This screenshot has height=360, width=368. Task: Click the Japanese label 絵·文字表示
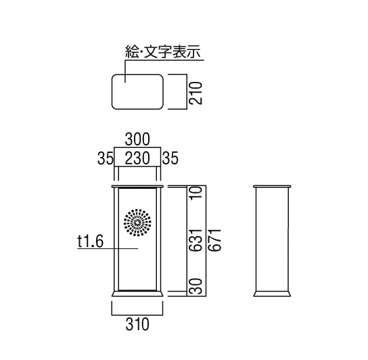click(163, 51)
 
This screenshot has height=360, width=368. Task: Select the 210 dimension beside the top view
click(195, 93)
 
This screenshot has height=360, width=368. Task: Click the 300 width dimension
click(137, 139)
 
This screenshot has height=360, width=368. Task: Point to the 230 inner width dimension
click(137, 158)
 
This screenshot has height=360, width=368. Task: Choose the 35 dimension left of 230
click(105, 158)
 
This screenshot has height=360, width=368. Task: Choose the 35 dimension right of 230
click(170, 158)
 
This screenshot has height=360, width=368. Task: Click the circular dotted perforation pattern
click(137, 222)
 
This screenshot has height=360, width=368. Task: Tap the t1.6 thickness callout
click(91, 242)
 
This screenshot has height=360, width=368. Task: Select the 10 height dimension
click(195, 193)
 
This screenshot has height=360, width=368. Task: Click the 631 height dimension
click(195, 240)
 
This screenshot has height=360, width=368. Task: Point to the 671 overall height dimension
click(214, 240)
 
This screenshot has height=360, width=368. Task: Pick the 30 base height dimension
click(195, 286)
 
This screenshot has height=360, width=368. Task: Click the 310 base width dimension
click(137, 324)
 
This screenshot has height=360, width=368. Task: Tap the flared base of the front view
click(137, 294)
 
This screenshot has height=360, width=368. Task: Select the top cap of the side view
click(272, 187)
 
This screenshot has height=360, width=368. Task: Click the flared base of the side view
click(272, 294)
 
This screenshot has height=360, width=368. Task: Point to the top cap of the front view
click(137, 187)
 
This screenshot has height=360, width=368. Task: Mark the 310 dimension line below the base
click(137, 315)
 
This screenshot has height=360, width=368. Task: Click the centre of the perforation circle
click(137, 222)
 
